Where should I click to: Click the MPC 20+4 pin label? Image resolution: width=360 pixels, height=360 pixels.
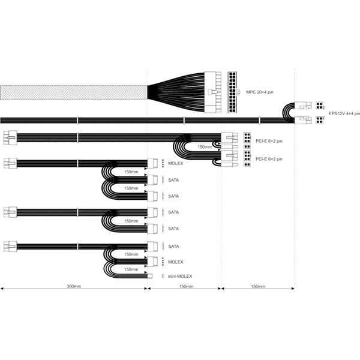pyautogui.click(x=260, y=92)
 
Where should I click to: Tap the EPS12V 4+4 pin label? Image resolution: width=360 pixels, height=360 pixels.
pyautogui.click(x=344, y=113)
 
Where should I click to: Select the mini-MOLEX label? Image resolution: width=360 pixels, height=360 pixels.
pyautogui.click(x=180, y=276)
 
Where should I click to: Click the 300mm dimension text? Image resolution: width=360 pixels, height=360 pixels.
pyautogui.click(x=74, y=286)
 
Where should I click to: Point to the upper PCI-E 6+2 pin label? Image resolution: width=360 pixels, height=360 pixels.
pyautogui.click(x=269, y=141)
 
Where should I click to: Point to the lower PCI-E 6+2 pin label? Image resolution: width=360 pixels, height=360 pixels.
pyautogui.click(x=269, y=159)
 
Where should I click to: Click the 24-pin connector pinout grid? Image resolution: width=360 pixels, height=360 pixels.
pyautogui.click(x=232, y=92)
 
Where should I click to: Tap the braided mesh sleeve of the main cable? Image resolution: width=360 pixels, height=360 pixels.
pyautogui.click(x=74, y=92)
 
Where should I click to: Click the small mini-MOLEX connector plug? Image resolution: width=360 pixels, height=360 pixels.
pyautogui.click(x=149, y=276)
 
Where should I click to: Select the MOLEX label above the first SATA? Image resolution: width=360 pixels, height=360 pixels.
pyautogui.click(x=176, y=163)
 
